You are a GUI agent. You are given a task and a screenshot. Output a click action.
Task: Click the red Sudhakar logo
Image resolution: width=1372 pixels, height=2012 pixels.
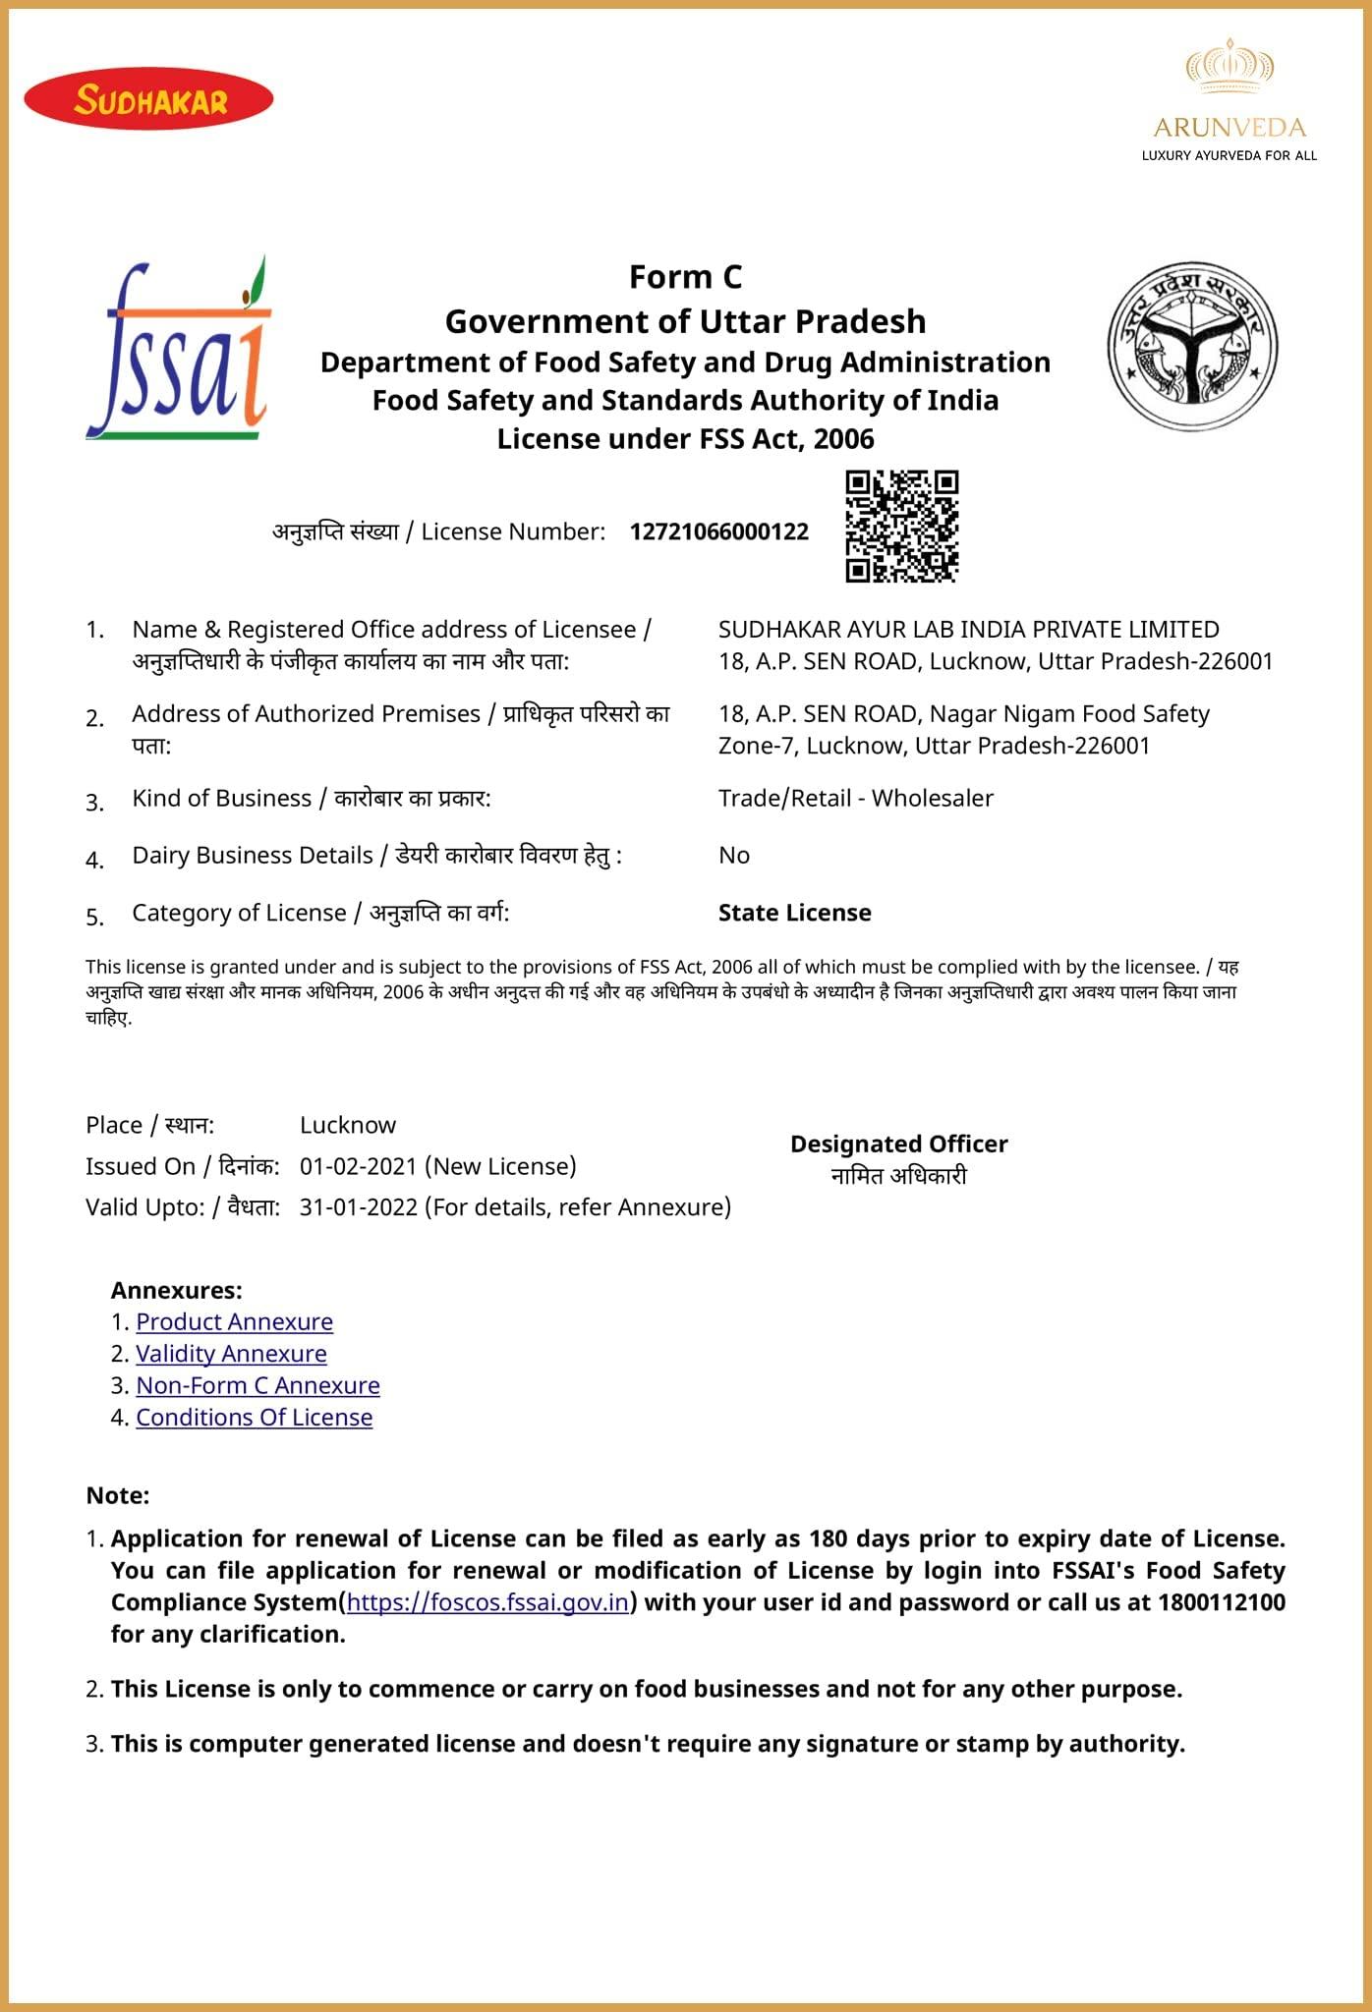click(x=148, y=98)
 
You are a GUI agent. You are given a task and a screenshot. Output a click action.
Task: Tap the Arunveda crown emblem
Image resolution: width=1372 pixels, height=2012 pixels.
click(x=1229, y=66)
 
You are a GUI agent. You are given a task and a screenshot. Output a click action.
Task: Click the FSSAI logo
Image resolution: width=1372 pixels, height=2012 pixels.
click(x=180, y=350)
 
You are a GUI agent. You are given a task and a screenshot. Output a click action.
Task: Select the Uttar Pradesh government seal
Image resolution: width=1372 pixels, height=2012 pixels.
click(x=1192, y=346)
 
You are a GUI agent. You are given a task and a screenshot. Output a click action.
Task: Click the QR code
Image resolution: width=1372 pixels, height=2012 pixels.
click(x=901, y=526)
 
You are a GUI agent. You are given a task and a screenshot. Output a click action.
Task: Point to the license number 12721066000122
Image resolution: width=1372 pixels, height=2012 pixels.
click(x=718, y=531)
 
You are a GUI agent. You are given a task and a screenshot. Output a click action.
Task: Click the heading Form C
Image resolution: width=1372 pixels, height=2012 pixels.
click(x=685, y=277)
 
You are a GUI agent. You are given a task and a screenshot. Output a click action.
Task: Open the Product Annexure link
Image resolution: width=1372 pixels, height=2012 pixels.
click(x=234, y=1321)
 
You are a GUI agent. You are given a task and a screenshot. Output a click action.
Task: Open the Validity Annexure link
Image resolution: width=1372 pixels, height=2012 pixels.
click(x=231, y=1353)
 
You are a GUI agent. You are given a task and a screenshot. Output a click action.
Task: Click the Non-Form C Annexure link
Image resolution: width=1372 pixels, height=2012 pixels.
click(x=257, y=1385)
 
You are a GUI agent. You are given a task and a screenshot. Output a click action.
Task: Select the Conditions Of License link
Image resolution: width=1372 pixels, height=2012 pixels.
click(x=254, y=1417)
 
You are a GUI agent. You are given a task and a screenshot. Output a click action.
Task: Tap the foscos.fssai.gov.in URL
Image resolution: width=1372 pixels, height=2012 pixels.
click(x=487, y=1602)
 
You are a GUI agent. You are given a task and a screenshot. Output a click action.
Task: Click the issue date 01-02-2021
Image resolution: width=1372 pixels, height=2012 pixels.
click(x=358, y=1166)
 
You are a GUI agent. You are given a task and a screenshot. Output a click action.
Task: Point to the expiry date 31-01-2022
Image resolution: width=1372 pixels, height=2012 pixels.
click(x=359, y=1206)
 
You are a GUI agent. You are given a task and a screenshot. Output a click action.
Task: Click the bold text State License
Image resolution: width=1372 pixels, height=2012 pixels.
click(x=794, y=913)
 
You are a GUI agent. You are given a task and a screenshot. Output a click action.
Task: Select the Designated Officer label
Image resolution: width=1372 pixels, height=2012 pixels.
click(x=898, y=1144)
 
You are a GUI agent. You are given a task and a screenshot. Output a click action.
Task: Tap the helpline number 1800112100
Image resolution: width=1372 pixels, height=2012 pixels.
click(x=1221, y=1602)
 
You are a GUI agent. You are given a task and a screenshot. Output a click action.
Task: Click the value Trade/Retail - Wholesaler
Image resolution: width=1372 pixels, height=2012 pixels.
click(x=855, y=798)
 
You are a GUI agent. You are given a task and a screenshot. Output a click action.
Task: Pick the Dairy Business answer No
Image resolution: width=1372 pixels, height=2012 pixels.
click(x=733, y=855)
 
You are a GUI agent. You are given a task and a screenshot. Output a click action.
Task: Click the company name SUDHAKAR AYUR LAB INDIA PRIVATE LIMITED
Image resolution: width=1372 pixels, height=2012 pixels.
click(x=968, y=629)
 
